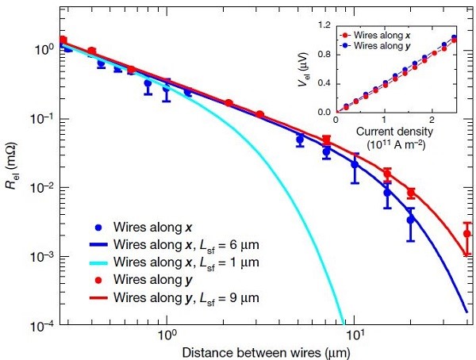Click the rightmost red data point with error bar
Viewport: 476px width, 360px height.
[x=467, y=234]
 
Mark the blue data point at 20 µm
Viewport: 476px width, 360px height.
[x=411, y=220]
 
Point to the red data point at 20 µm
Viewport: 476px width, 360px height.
[x=411, y=193]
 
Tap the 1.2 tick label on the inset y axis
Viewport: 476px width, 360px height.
[x=324, y=25]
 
